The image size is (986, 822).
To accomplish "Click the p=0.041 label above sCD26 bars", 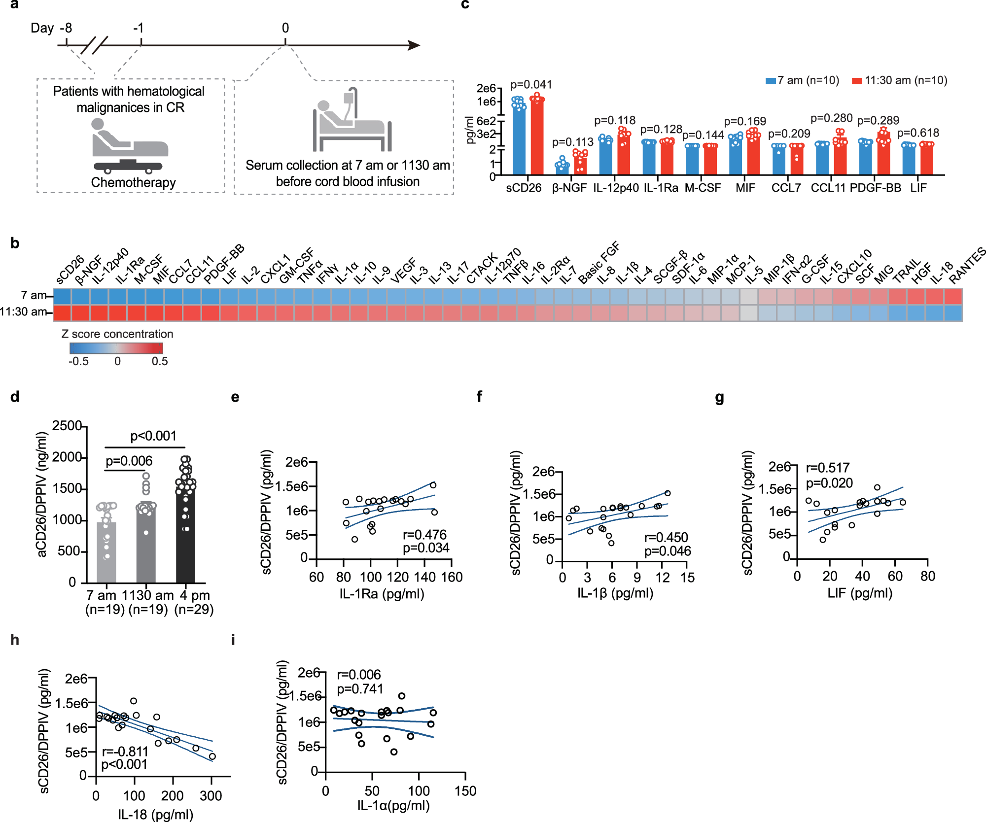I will (x=531, y=85).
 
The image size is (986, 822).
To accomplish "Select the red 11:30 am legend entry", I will (x=899, y=80).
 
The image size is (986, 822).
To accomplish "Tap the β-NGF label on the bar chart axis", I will (x=569, y=188).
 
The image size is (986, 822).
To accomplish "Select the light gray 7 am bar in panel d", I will (x=106, y=552).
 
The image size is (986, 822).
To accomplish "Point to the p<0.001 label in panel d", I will (x=153, y=436).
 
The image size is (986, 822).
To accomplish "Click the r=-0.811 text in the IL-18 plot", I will (x=125, y=751).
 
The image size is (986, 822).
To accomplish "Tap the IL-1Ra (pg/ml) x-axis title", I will (x=382, y=593).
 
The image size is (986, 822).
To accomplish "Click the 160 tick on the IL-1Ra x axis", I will (x=452, y=577).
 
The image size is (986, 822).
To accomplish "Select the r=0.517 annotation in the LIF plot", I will (x=827, y=468).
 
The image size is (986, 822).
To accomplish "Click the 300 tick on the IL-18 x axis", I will (x=211, y=796).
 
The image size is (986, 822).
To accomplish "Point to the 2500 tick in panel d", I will (x=67, y=426).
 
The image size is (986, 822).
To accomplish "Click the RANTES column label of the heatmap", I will (x=966, y=266).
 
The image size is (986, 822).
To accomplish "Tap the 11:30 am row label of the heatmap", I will (x=23, y=311).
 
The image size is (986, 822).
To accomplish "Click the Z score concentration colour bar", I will (x=116, y=348).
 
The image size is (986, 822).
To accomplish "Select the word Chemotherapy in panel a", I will (x=133, y=182).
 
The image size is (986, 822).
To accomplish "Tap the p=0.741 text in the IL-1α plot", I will (x=360, y=688).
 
